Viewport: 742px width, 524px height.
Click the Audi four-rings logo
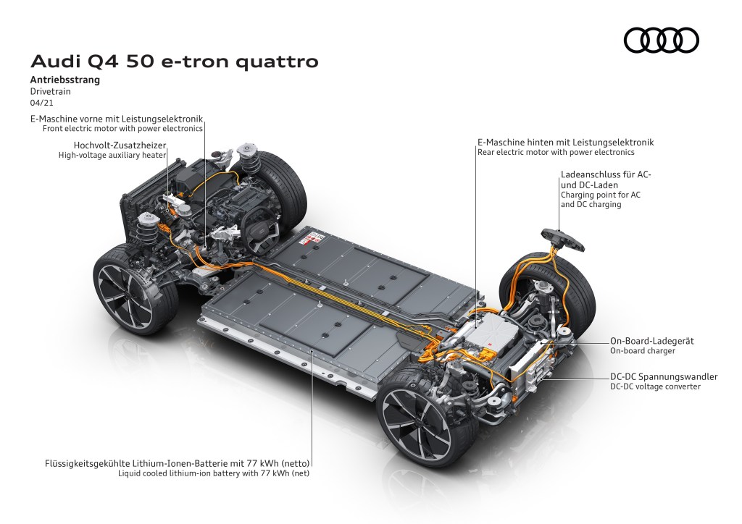tap(661, 39)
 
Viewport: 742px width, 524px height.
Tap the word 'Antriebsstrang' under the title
tap(65, 80)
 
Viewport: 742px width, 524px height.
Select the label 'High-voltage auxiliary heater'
tap(112, 155)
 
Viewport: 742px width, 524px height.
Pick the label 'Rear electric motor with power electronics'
tap(556, 153)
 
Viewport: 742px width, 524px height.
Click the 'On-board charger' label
tap(642, 351)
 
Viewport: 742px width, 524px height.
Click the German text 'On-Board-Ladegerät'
tap(648, 340)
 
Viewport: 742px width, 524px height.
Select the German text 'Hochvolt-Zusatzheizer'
tap(116, 144)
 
